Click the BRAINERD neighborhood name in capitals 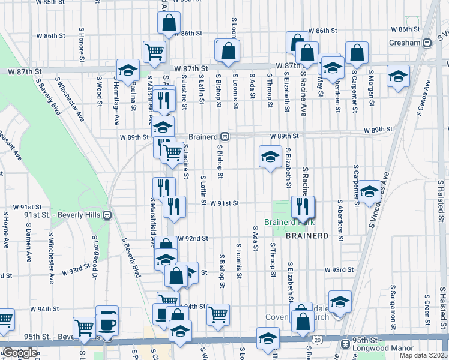click(307, 236)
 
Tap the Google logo click(19, 353)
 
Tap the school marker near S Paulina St click(127, 70)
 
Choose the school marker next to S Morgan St click(397, 76)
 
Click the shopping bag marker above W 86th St click(169, 23)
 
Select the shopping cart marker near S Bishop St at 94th click(218, 313)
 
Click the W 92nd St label click(192, 238)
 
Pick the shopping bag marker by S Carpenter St click(357, 54)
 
